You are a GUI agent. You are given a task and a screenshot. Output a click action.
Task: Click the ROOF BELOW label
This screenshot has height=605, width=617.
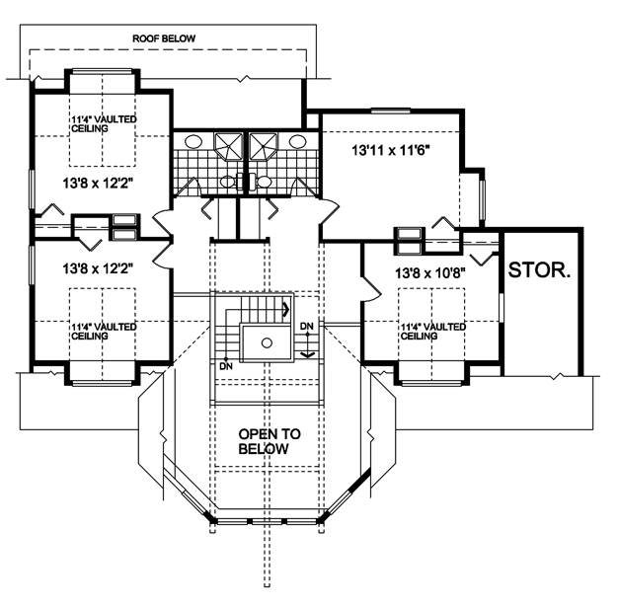164,38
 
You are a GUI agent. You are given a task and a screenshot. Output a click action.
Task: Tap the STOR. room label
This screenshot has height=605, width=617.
539,270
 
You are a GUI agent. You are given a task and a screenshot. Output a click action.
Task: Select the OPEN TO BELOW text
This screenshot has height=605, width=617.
270,441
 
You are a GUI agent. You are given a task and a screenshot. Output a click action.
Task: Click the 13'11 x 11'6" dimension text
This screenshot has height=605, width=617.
390,150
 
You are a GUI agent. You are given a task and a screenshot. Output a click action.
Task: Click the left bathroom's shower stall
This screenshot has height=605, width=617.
228,146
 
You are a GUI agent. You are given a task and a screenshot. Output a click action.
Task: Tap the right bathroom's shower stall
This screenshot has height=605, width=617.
263,146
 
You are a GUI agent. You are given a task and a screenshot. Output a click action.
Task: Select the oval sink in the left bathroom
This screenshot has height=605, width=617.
193,141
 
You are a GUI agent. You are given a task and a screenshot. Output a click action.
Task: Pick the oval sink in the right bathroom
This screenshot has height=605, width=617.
298,141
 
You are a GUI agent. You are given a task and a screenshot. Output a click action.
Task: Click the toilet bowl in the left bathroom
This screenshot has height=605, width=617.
227,182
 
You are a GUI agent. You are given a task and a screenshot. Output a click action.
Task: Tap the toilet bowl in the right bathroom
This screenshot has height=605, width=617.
264,182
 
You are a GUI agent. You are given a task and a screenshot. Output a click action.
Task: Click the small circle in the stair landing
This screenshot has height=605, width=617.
267,343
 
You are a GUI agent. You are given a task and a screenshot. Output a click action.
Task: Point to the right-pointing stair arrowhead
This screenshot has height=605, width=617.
286,309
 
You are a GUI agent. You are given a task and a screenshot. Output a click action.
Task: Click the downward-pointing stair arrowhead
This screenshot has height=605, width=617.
308,354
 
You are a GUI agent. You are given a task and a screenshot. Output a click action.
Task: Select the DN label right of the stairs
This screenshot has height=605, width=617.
307,326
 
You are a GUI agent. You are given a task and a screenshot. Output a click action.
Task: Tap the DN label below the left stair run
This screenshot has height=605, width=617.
226,366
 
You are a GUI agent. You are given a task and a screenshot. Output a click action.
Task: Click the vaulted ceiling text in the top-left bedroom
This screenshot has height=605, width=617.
104,123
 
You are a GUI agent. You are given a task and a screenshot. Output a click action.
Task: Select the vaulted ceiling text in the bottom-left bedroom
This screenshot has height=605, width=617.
104,332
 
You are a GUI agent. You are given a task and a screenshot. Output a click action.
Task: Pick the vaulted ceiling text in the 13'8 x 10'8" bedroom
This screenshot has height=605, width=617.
433,332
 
